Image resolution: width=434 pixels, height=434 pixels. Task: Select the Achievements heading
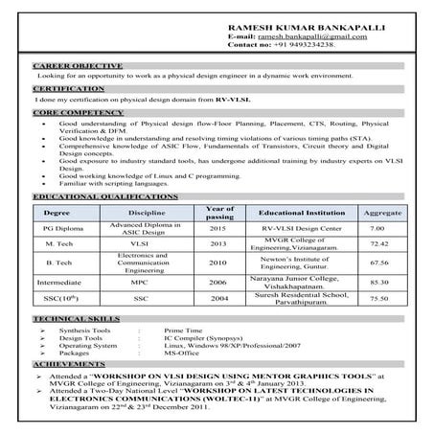pyautogui.click(x=66, y=365)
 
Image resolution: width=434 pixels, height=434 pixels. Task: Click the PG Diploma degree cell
pyautogui.click(x=62, y=228)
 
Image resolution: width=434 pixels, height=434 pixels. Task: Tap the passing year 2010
pyautogui.click(x=217, y=263)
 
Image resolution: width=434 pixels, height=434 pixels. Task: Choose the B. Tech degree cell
pyautogui.click(x=61, y=263)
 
